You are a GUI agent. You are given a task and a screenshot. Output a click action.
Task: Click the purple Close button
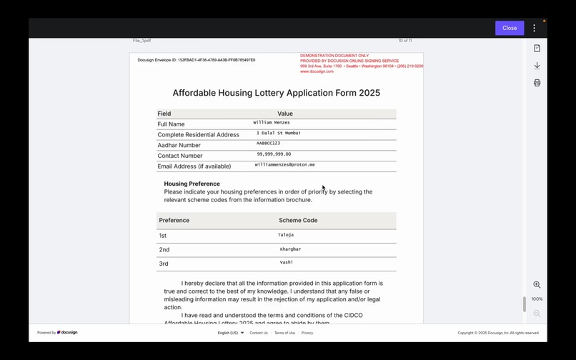coord(510,28)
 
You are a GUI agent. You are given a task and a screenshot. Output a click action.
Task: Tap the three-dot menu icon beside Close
coord(534,28)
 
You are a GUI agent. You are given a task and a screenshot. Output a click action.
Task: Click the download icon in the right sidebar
coord(537,66)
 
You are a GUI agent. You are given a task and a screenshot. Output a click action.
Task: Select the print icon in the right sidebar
coord(537,83)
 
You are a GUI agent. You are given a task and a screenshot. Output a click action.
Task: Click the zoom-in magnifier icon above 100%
coord(537,285)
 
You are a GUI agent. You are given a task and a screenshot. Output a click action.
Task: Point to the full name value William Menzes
coord(272,123)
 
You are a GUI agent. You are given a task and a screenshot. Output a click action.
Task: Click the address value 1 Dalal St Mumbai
coord(279,133)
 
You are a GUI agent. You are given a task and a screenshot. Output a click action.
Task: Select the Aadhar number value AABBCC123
coord(268,144)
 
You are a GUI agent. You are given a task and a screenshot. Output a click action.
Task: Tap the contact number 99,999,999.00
coord(274,154)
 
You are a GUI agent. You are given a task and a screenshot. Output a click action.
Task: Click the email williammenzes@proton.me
coord(284,165)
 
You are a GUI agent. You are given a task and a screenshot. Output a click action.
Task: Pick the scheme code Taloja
coord(286,235)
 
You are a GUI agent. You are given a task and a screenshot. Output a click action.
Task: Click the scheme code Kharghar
coord(290,249)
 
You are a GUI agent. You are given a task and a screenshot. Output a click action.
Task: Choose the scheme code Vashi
coord(286,263)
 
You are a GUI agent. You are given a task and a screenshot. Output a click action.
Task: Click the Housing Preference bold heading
coord(192,184)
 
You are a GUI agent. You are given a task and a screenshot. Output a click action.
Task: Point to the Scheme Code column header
coord(298,220)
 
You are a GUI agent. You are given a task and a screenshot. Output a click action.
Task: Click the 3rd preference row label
coord(164,264)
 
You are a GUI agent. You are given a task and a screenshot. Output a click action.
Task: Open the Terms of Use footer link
coord(284,333)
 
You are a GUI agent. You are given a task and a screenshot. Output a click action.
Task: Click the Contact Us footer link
coord(259,333)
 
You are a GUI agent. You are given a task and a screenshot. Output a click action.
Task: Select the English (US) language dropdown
coord(230,333)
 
